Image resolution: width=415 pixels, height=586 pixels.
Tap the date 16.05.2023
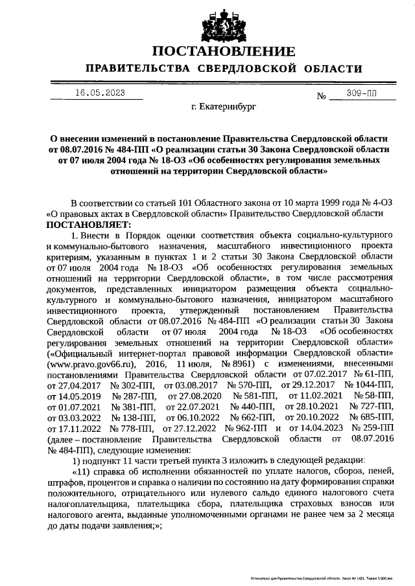(x=99, y=93)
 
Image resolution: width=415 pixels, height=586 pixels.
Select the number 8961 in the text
(x=242, y=364)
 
